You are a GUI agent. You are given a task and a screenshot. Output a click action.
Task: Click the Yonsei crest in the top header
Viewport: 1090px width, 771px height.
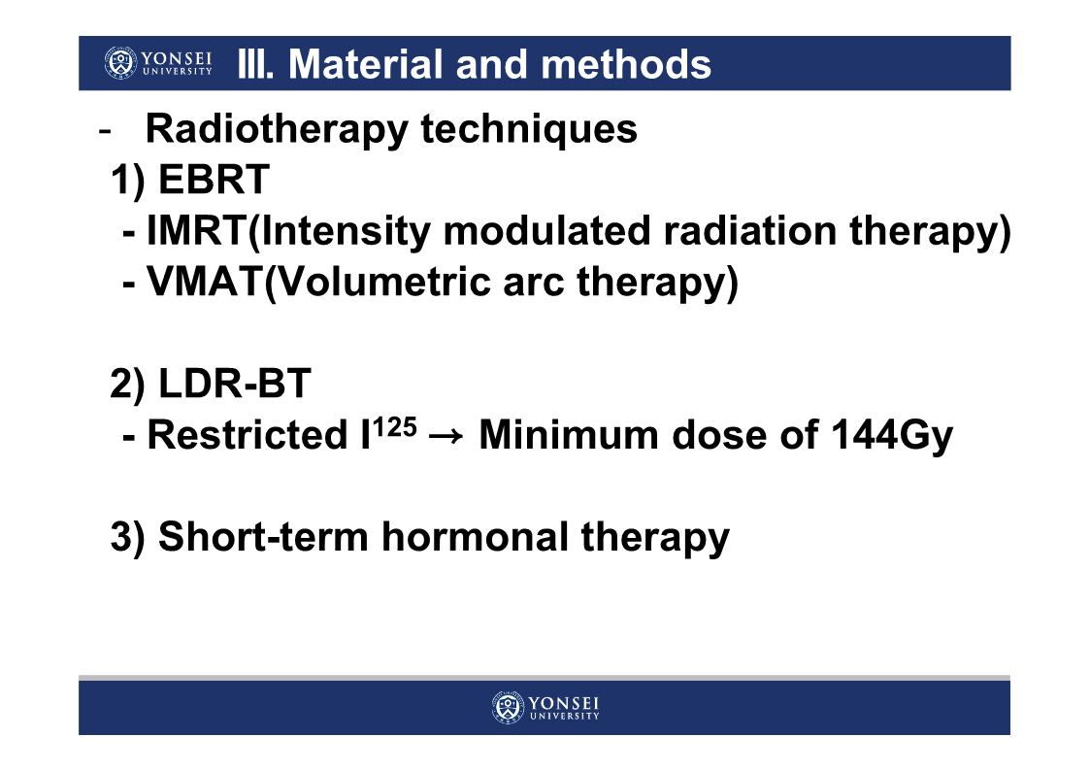[120, 62]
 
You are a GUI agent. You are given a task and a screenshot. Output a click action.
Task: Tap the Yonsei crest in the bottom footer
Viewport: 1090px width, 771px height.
[508, 708]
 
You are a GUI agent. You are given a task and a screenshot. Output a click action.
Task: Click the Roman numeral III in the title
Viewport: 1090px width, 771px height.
[255, 64]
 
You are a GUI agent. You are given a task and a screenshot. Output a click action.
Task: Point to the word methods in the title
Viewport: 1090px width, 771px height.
[626, 64]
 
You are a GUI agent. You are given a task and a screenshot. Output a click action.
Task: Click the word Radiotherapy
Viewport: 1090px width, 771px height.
[277, 130]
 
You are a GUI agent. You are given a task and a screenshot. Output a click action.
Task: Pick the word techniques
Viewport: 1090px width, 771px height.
[529, 130]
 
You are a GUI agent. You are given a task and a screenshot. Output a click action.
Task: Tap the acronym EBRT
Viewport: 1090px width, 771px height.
[214, 180]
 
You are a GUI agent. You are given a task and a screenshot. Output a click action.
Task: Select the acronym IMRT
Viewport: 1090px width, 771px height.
[197, 230]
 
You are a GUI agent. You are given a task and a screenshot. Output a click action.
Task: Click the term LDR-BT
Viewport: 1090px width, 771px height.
[234, 383]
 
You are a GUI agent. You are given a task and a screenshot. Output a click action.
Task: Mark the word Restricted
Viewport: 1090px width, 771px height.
[248, 434]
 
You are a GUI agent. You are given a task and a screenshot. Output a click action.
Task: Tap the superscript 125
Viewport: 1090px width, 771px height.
[395, 426]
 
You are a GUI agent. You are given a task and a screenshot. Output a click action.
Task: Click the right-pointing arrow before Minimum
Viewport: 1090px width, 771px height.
[446, 437]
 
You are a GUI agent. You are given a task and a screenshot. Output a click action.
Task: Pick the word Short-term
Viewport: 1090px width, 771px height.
[263, 537]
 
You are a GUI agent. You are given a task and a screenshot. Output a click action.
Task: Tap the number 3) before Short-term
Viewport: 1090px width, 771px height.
[128, 537]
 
